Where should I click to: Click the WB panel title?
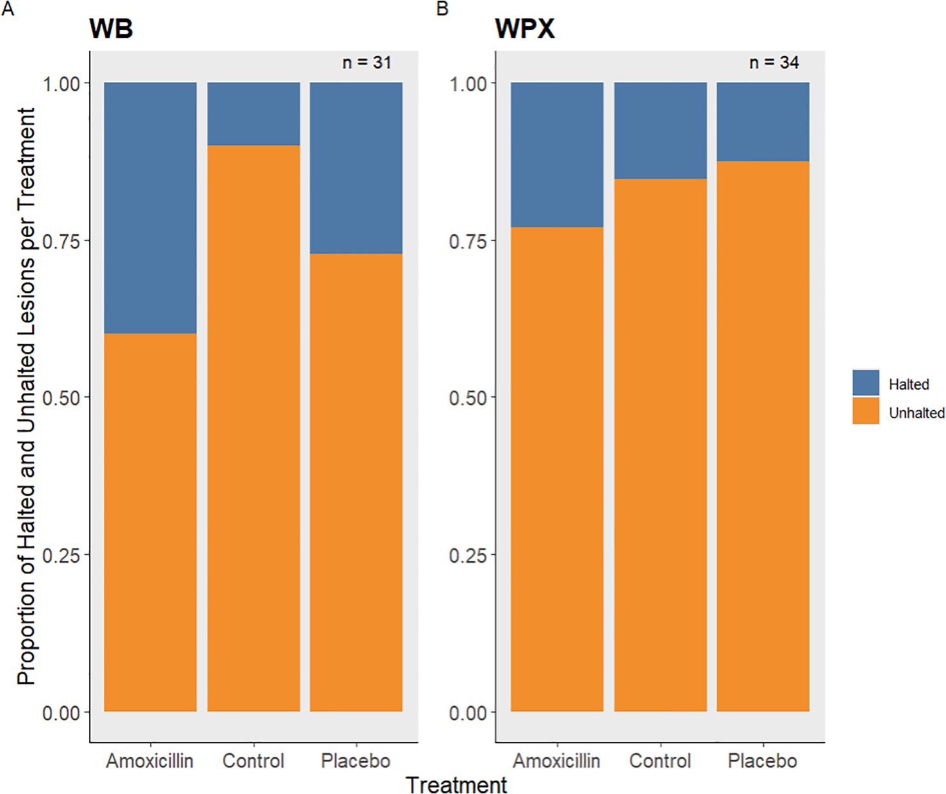(111, 29)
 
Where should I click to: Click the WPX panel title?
(524, 29)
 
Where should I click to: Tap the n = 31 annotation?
(367, 63)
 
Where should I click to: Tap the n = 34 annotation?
(774, 63)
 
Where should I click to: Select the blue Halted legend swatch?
(865, 383)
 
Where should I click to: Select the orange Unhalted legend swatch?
(865, 411)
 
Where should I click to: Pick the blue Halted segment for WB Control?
(253, 113)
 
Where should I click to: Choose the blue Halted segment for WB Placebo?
(356, 167)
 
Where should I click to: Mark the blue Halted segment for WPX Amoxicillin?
(556, 154)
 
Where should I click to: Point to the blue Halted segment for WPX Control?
(660, 130)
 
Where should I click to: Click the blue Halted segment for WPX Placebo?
(763, 121)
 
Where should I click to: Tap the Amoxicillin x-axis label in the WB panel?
(149, 761)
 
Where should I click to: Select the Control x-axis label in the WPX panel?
(660, 761)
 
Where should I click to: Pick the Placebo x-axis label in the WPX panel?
(763, 761)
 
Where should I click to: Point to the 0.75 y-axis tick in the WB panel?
(61, 241)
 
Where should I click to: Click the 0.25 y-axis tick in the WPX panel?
(468, 555)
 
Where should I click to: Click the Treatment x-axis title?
(456, 784)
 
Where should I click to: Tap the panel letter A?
(8, 9)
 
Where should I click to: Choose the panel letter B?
(442, 9)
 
